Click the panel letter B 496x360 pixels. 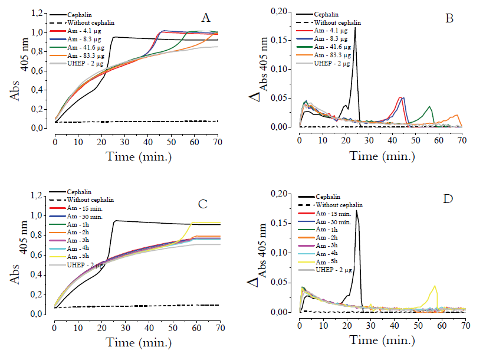tap(449, 19)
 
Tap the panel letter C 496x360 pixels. tap(202, 204)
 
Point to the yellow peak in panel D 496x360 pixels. tap(435, 287)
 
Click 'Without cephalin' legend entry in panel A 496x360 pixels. tap(91, 22)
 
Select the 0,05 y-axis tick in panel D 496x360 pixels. tap(285, 282)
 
